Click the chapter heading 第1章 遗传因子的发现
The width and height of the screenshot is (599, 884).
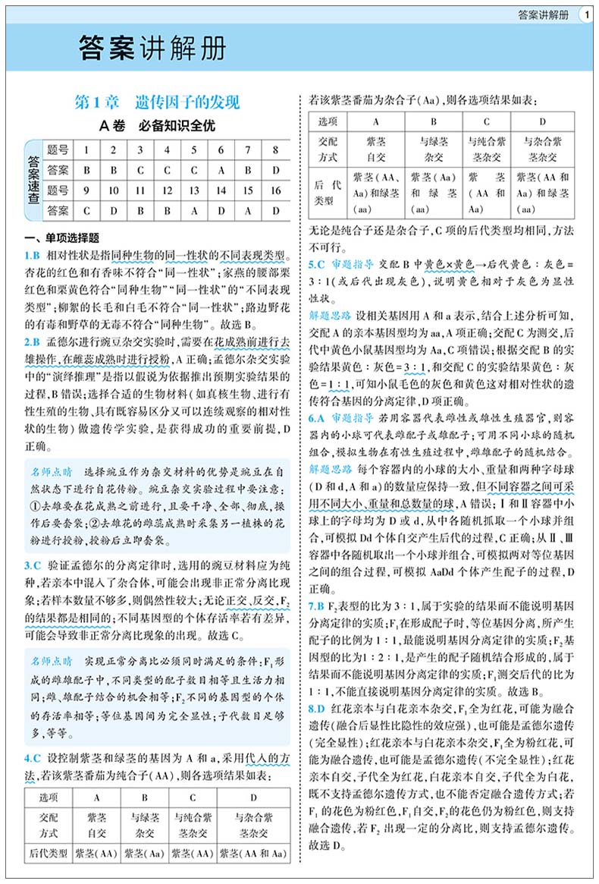point(157,102)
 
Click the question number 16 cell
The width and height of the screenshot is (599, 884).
point(275,190)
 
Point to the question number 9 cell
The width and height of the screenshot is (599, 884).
point(87,190)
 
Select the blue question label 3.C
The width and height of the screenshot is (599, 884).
point(33,565)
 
